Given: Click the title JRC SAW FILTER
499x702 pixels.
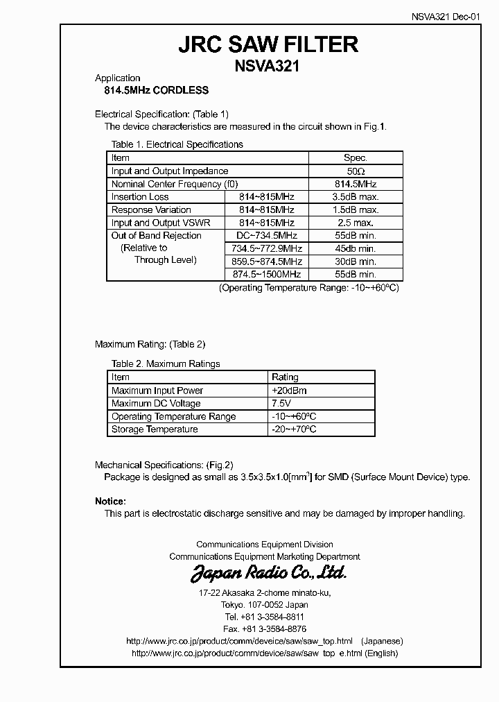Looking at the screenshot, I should (x=268, y=44).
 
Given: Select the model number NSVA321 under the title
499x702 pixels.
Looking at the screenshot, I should (x=268, y=66).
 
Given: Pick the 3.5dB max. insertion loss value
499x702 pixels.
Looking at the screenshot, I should (x=355, y=197).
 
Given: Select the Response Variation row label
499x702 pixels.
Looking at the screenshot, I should (x=151, y=210).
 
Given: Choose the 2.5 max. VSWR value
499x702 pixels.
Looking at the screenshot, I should (x=355, y=223).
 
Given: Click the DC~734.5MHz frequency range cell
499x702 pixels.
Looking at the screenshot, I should (x=267, y=236).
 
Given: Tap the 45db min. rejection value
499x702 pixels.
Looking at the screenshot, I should (x=355, y=248).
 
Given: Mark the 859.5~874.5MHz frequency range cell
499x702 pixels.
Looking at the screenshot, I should (x=267, y=262).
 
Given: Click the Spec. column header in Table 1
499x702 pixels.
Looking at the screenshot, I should (x=355, y=158).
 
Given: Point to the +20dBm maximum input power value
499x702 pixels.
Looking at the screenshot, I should (x=289, y=391).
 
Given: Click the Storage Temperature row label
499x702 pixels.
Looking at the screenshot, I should (x=155, y=429).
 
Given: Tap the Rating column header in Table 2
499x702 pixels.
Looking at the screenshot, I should (x=285, y=377).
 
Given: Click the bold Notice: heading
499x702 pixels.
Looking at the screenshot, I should (x=110, y=501).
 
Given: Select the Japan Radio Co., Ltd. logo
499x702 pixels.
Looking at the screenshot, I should (x=268, y=574).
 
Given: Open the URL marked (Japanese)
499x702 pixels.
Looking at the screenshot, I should (x=239, y=641).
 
